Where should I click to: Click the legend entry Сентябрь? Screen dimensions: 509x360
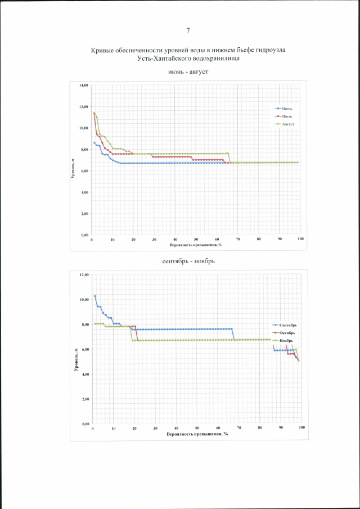293,325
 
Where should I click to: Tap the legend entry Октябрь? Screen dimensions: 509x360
292,332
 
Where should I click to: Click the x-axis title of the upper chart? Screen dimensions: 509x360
196,245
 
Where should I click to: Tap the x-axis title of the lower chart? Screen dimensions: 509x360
197,434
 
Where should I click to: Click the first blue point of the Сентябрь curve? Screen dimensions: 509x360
95,296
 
